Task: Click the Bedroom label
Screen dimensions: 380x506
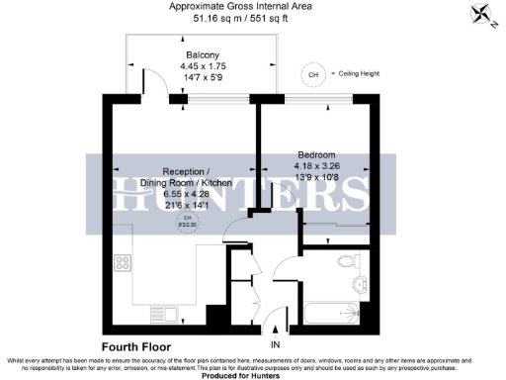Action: (x=317, y=154)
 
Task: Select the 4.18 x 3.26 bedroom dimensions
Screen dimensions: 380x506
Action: (x=318, y=165)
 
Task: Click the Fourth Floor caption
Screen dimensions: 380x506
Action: (x=134, y=347)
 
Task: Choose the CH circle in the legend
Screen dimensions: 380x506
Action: (x=314, y=74)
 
